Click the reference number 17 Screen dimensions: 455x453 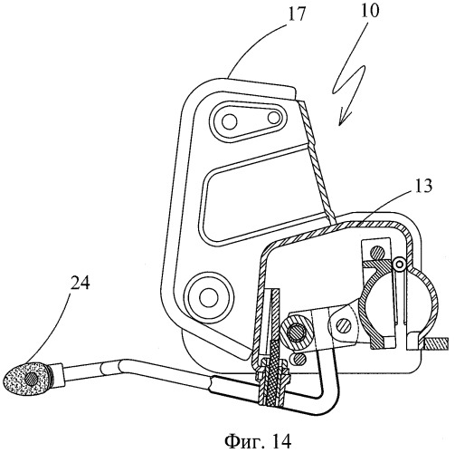pyautogui.click(x=297, y=15)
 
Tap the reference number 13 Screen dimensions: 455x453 pyautogui.click(x=422, y=186)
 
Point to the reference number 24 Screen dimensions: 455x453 pyautogui.click(x=80, y=284)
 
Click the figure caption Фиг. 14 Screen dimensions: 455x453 pyautogui.click(x=258, y=441)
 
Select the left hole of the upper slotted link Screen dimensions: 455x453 pyautogui.click(x=229, y=121)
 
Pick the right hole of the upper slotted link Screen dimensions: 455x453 pyautogui.click(x=274, y=118)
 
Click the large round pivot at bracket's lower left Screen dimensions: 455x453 pyautogui.click(x=210, y=296)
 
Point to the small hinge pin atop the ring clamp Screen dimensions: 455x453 pyautogui.click(x=400, y=264)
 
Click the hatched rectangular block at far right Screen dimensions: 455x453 pyautogui.click(x=436, y=344)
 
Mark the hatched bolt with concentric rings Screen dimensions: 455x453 pyautogui.click(x=297, y=333)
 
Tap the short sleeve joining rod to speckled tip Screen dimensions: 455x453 pyautogui.click(x=59, y=375)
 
